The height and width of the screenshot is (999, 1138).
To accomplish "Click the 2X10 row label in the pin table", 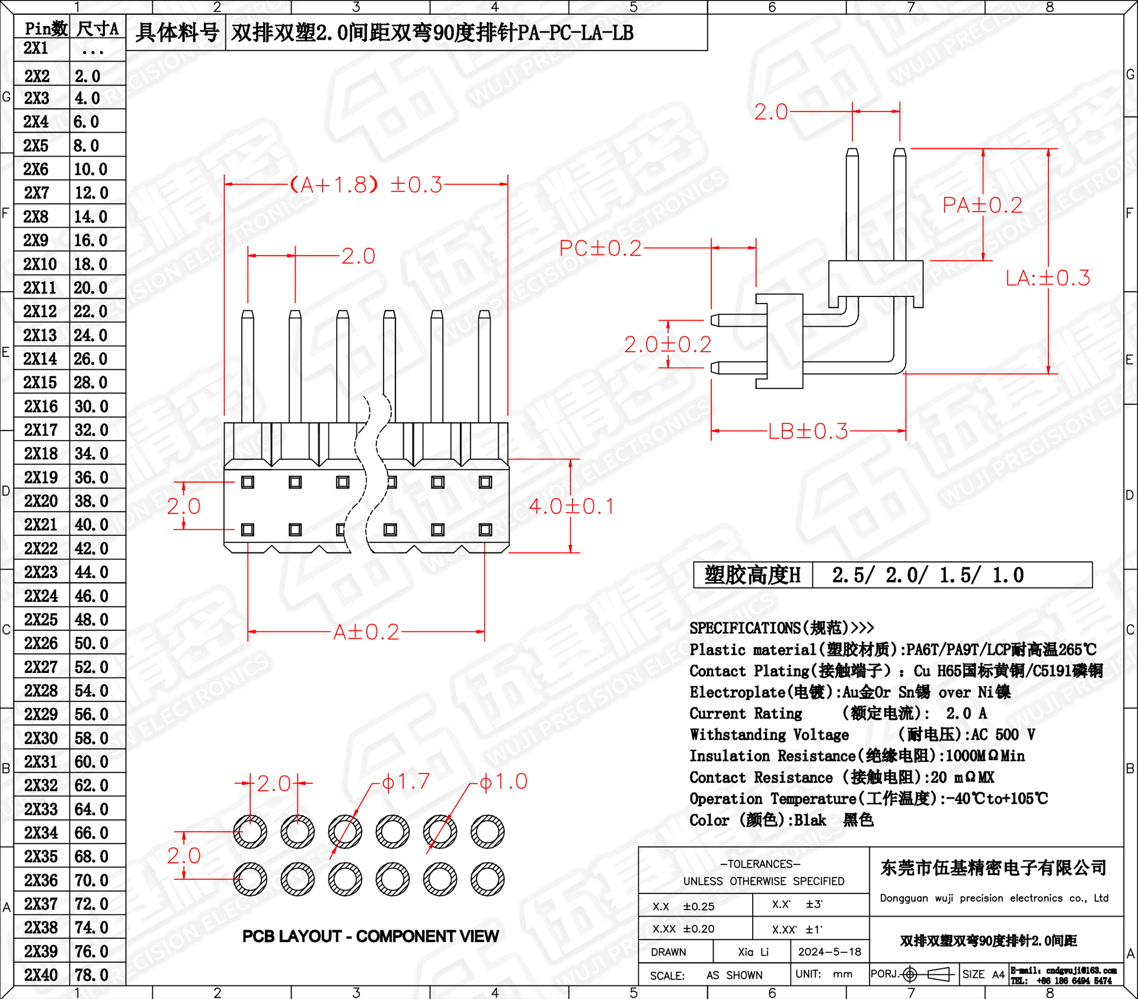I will click(40, 264).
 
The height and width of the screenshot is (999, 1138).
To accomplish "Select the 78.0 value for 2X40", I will click(91, 975).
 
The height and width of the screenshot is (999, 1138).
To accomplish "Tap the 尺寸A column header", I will click(98, 28).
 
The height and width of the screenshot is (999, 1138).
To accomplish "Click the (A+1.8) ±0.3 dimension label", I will click(366, 184).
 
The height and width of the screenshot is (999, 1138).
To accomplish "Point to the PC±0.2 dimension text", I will click(600, 248).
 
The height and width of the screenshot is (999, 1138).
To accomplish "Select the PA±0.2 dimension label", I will click(982, 205).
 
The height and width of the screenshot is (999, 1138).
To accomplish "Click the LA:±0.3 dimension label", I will click(1047, 277).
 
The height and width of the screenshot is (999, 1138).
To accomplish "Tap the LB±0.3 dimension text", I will click(808, 431).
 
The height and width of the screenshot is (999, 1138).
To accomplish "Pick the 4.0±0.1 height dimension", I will click(571, 506).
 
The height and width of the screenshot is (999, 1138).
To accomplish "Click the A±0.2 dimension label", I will click(366, 632).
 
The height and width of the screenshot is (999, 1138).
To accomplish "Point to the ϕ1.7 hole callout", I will click(405, 781).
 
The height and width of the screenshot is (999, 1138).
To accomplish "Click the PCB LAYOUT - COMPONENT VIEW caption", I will click(370, 936).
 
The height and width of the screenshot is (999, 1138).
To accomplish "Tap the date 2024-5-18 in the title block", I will click(829, 952).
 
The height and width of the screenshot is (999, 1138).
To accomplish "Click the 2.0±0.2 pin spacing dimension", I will click(667, 344).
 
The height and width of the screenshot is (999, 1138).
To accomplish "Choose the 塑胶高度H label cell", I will click(752, 575).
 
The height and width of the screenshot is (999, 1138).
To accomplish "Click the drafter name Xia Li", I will click(753, 952).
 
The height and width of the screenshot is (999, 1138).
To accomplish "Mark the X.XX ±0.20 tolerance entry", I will click(683, 928).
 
